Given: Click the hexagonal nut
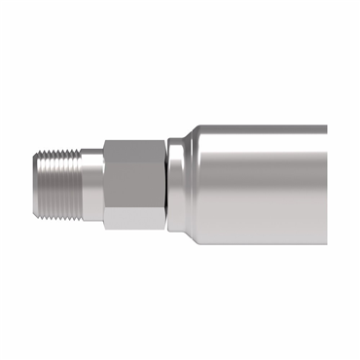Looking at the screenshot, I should (x=132, y=181).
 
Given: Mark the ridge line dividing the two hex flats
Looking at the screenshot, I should (x=132, y=200).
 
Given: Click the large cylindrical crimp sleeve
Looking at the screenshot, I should (x=258, y=181).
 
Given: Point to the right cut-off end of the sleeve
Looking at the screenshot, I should (x=326, y=181).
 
